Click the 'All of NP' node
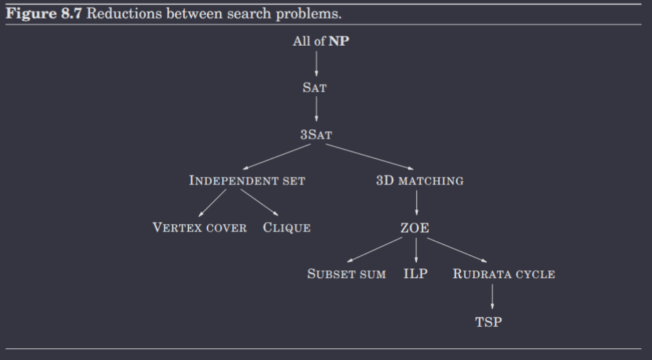[321, 41]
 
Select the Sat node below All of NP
[315, 87]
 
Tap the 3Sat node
[316, 135]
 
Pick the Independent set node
[247, 180]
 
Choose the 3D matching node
[420, 180]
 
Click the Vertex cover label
[199, 227]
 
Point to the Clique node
[287, 227]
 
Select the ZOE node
[414, 227]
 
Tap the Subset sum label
[346, 274]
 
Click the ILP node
[415, 273]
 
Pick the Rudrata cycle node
[504, 274]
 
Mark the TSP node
[489, 322]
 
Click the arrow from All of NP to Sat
[316, 64]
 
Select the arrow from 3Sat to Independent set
[277, 157]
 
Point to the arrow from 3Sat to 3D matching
[369, 157]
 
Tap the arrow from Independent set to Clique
[259, 203]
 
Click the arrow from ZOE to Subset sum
[375, 250]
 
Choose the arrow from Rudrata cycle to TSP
[492, 296]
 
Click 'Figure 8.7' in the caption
[44, 14]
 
